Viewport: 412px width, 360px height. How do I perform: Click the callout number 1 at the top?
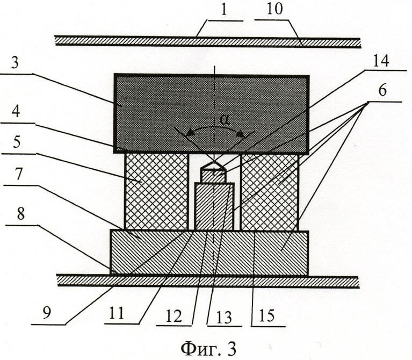(223, 10)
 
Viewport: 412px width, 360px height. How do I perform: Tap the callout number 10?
(275, 9)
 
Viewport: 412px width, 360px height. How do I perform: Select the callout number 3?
(15, 63)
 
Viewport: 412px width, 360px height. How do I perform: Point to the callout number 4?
(16, 112)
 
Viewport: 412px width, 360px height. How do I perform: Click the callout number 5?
(16, 142)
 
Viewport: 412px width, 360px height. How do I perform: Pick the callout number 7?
(18, 174)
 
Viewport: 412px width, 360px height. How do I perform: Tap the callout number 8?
(20, 214)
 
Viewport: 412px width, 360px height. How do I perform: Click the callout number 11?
(116, 313)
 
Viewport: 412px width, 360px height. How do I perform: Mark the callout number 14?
(381, 61)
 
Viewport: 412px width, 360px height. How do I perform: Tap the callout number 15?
(266, 315)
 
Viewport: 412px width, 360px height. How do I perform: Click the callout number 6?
(382, 91)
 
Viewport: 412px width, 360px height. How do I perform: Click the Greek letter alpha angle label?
(225, 120)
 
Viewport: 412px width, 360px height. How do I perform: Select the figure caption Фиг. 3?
(208, 348)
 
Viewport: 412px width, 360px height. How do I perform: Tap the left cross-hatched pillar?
(157, 192)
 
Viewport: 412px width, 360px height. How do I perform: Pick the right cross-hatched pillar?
(270, 192)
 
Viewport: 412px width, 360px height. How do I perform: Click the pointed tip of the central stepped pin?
(214, 162)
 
